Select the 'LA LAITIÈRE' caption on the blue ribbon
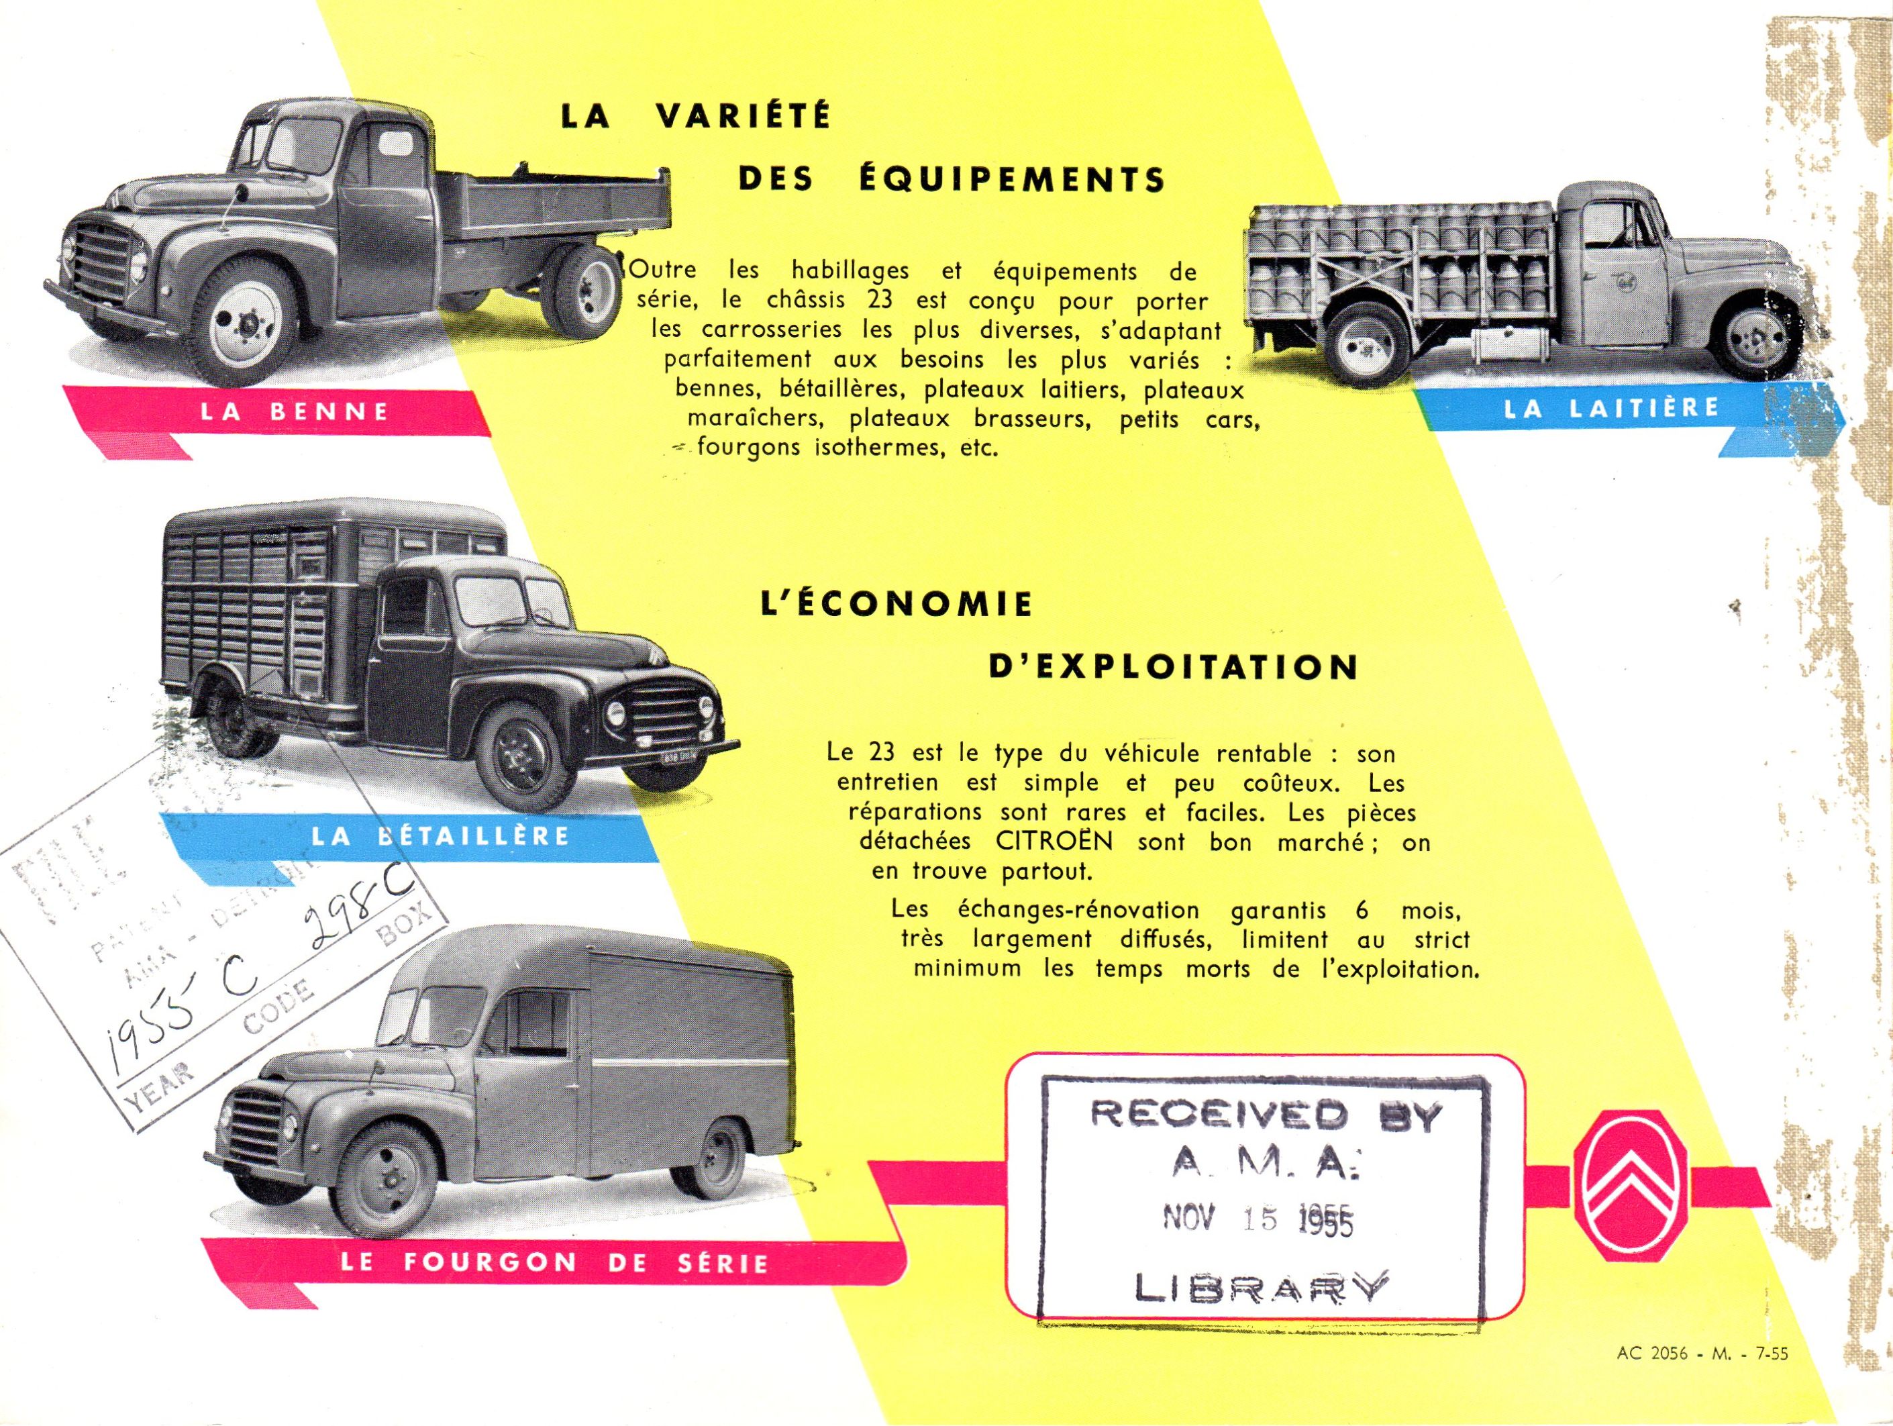[1611, 407]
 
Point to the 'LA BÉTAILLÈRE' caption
[440, 835]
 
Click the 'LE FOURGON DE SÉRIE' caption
[553, 1262]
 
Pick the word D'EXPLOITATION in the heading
[1173, 668]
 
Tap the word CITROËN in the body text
[1054, 842]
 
